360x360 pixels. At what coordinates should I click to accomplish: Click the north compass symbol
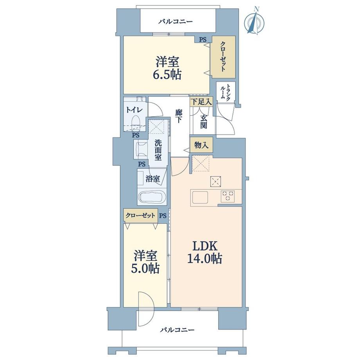point(254,22)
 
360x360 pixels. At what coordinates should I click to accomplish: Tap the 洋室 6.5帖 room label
point(167,68)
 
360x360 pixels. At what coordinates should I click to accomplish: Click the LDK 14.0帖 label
point(205,252)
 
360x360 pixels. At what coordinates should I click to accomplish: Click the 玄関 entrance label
point(203,121)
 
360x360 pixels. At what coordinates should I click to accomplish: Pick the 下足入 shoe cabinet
point(201,102)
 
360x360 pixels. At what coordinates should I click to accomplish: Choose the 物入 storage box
point(201,145)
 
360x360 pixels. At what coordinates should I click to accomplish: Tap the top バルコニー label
point(176,22)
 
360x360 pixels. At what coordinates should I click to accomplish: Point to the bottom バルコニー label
point(177,330)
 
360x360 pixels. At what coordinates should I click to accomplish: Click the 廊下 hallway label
point(178,116)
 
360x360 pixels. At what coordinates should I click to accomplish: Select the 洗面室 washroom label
point(158,150)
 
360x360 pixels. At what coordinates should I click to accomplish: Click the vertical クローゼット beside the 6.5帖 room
point(223,57)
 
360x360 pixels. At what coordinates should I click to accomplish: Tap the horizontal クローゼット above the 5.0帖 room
point(140,216)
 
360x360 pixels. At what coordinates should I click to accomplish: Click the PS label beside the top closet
point(203,40)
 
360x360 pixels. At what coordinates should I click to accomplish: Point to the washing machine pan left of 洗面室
point(141,150)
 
